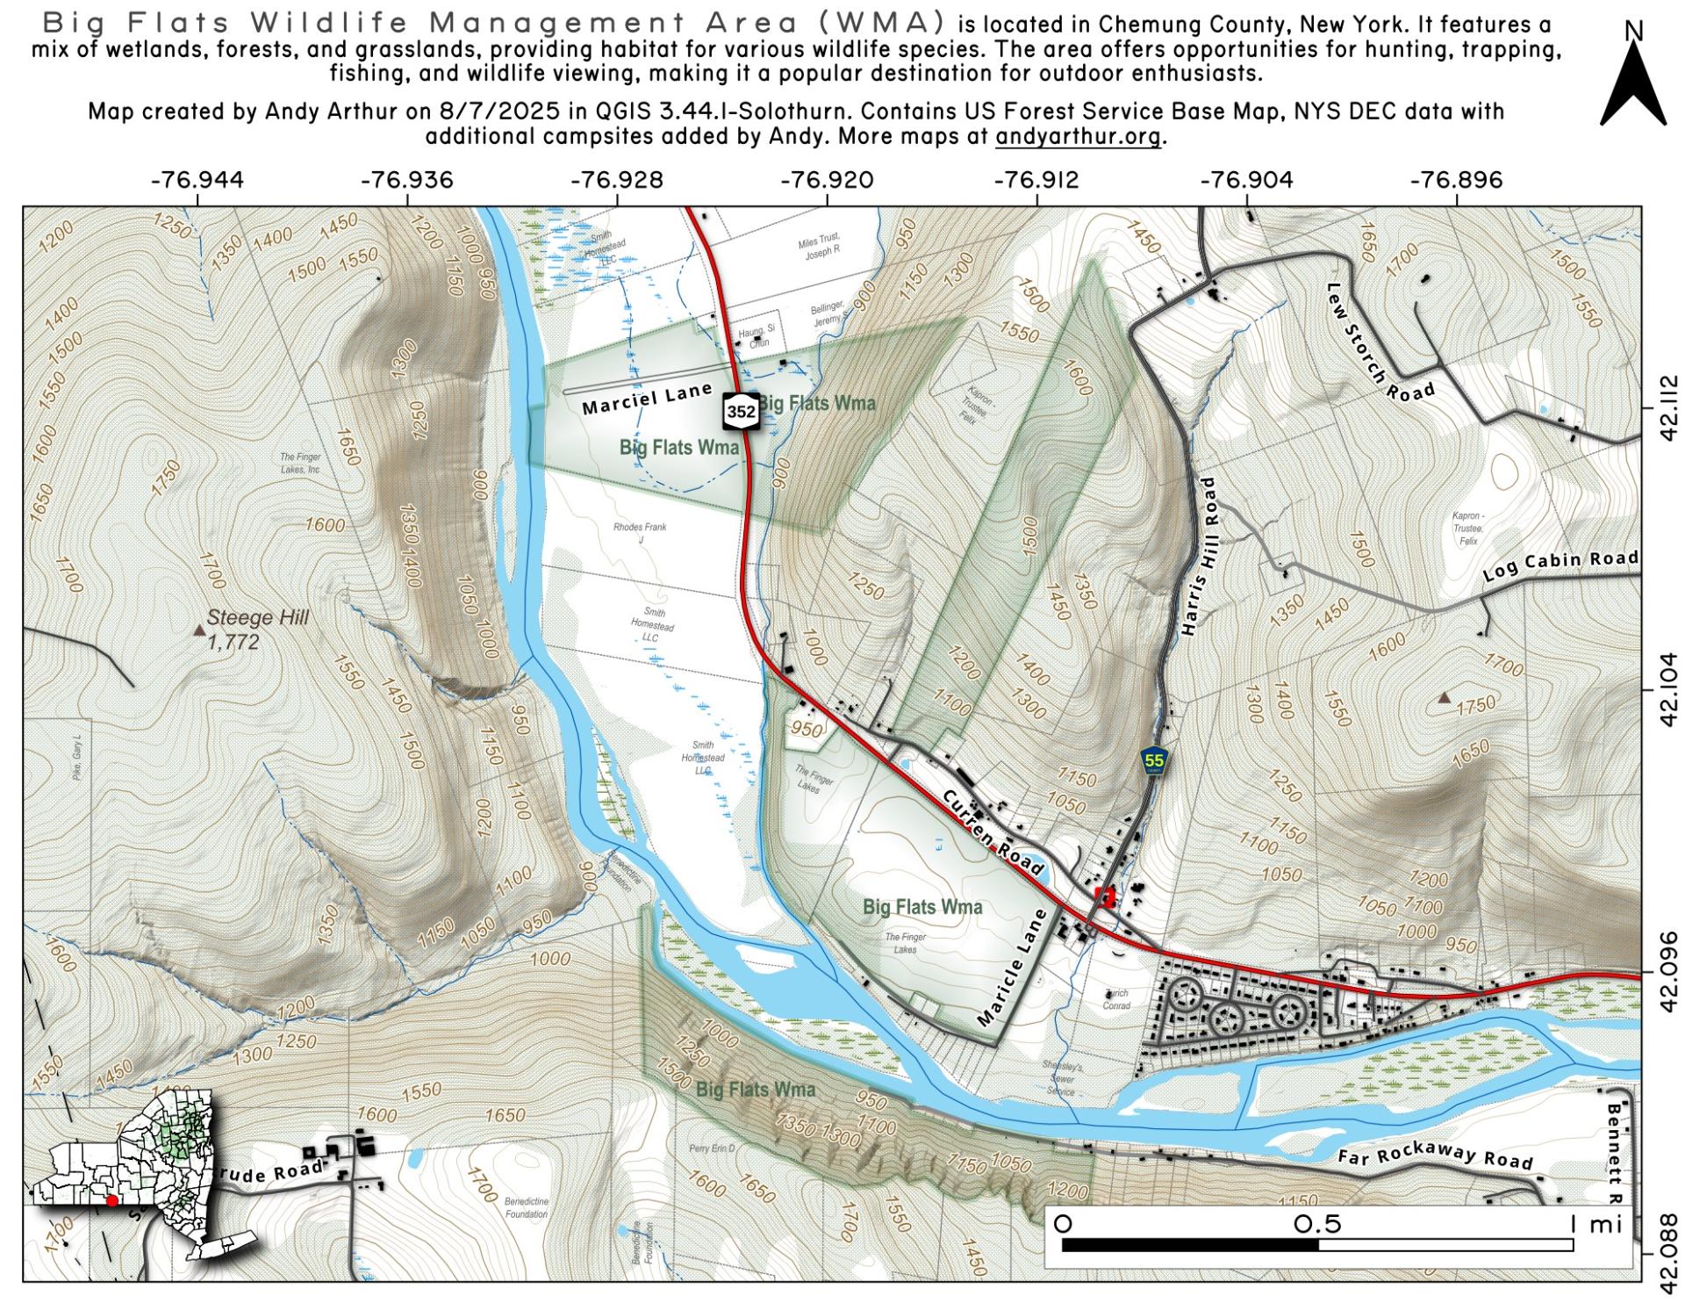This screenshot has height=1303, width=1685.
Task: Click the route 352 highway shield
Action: (x=741, y=411)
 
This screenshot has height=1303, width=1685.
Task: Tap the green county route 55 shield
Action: (x=1154, y=761)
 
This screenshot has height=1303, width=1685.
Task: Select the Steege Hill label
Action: (x=258, y=617)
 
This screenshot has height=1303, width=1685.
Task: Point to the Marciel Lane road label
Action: (x=646, y=400)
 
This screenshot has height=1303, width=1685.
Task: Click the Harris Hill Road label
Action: (x=1201, y=557)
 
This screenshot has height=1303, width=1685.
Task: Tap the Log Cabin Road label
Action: (x=1560, y=565)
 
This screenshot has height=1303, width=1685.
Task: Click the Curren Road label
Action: (x=994, y=831)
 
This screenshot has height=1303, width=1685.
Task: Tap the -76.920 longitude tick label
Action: (x=827, y=180)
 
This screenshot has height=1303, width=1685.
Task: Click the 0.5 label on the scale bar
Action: (x=1317, y=1224)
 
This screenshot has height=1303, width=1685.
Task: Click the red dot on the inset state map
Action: (x=111, y=1200)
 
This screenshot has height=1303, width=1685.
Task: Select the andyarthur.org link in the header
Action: (x=1077, y=137)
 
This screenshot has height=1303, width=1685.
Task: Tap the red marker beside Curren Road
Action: (x=1106, y=896)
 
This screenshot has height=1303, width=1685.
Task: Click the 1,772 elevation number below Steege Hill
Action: (x=234, y=642)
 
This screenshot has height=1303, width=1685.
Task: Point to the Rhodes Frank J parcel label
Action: (x=640, y=533)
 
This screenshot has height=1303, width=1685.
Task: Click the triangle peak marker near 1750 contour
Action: (x=1444, y=698)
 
